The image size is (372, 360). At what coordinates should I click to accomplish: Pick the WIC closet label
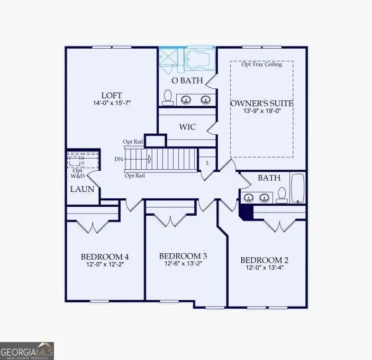point(187,127)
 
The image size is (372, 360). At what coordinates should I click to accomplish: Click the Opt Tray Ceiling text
point(261,64)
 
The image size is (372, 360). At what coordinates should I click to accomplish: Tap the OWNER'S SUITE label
point(261,103)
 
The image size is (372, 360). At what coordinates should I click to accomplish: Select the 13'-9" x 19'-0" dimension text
point(261,112)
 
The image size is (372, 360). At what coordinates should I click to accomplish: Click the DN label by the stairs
point(119,159)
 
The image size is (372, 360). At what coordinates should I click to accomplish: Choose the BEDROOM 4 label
point(104,257)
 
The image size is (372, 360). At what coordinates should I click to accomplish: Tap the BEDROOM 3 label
point(183,256)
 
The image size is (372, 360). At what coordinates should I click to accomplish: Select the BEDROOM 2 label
point(264,260)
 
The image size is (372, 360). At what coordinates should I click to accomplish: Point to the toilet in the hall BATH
point(282,195)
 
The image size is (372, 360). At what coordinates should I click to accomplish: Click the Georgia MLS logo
point(27,351)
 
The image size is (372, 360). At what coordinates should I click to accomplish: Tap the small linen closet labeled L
point(207,163)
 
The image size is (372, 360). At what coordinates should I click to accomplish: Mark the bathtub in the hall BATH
point(298,188)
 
